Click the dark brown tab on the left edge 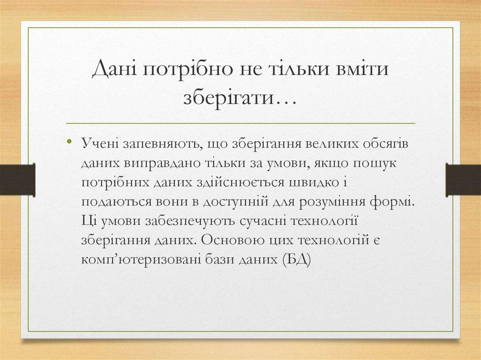(x=17, y=178)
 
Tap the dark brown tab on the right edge (x=463, y=178)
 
